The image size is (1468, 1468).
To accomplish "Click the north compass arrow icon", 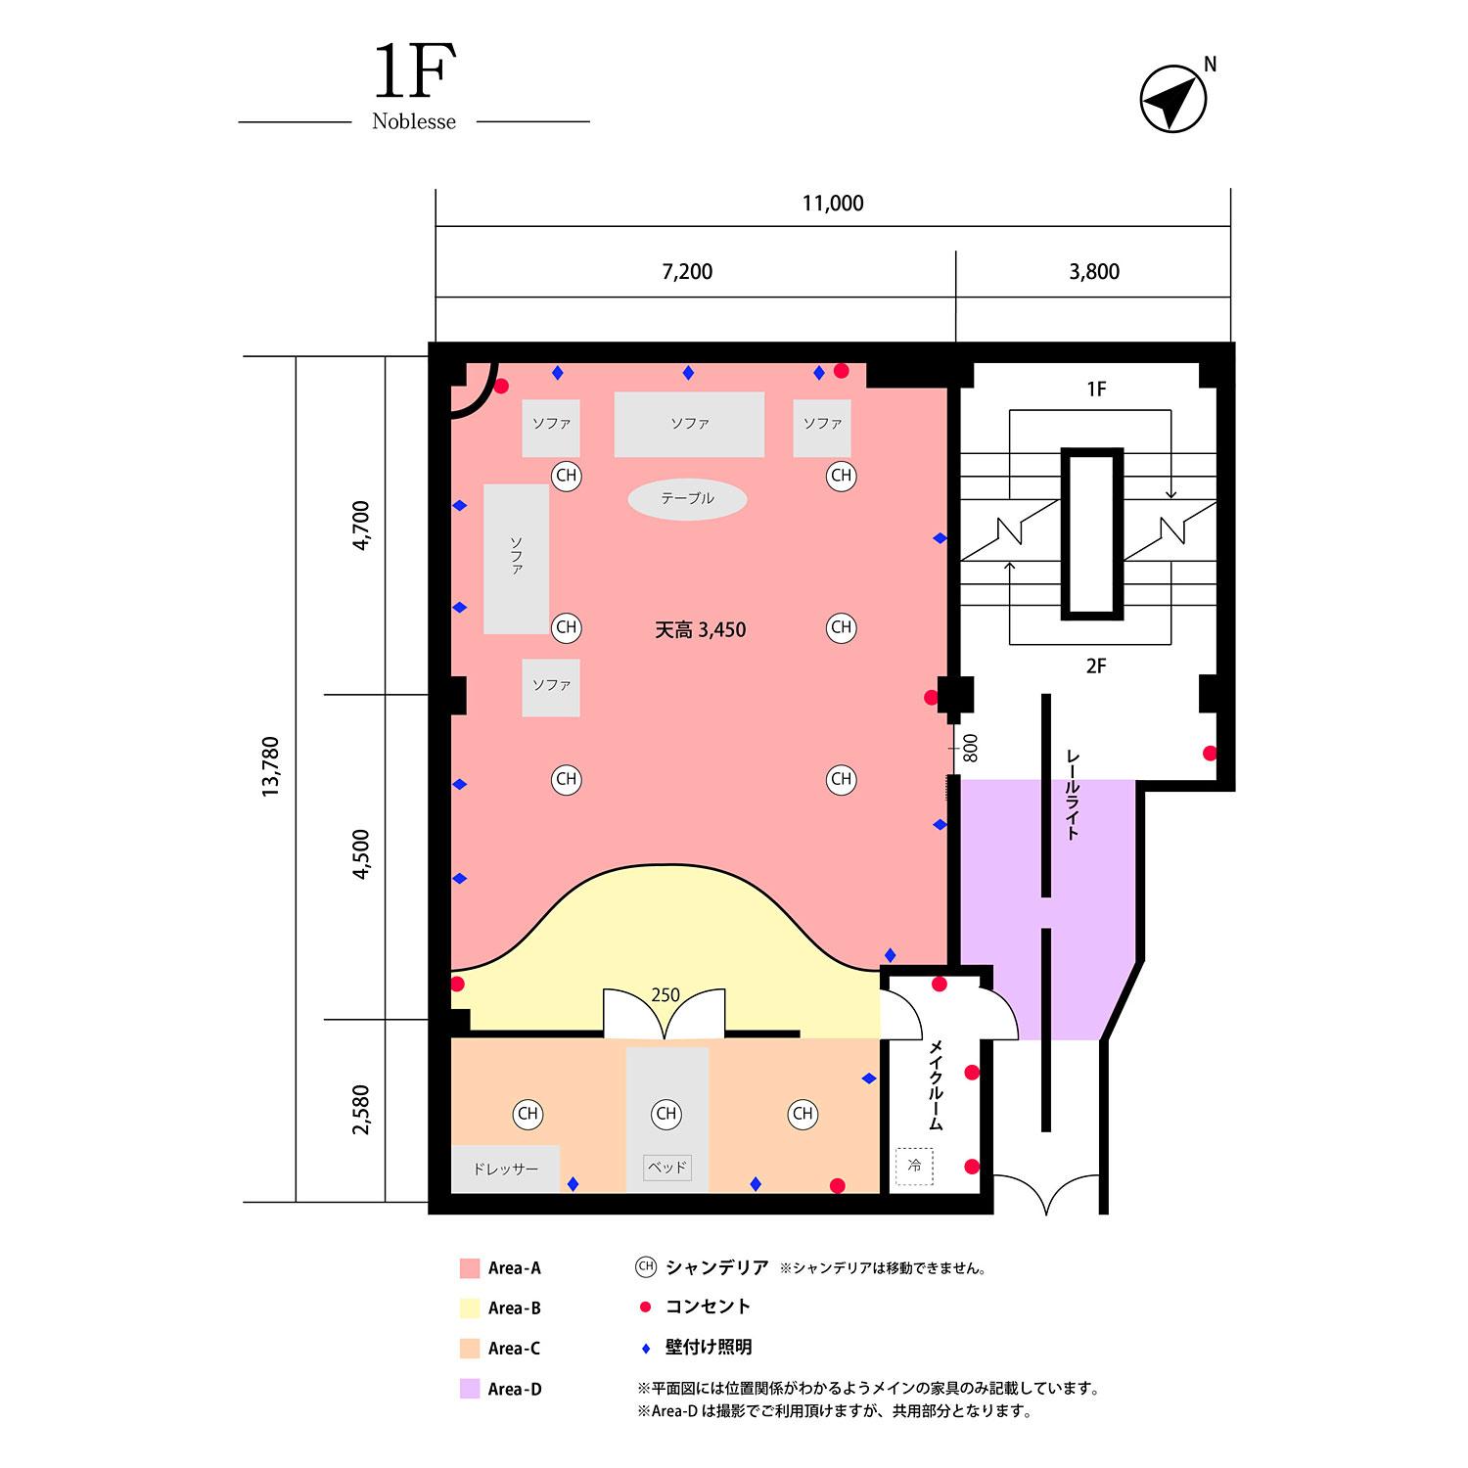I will [x=1173, y=99].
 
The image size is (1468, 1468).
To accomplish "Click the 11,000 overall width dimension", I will [x=833, y=204].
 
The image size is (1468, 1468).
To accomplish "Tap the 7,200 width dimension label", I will [x=687, y=272].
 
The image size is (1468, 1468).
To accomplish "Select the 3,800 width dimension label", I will [x=1093, y=272].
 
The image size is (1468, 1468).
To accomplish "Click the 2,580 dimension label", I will [x=361, y=1109].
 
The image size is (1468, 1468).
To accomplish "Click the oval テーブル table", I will [x=687, y=499].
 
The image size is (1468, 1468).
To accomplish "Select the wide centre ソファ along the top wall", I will [x=689, y=424].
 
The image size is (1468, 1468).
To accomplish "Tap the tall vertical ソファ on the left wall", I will [x=516, y=558].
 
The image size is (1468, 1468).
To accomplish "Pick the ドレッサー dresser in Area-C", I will [x=505, y=1169].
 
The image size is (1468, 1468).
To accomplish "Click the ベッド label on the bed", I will [x=666, y=1168].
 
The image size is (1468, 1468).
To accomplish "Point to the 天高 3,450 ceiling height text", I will [x=700, y=630].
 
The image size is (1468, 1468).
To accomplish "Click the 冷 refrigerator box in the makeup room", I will [x=914, y=1166].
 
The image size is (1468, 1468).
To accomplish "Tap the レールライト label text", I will [x=1073, y=795].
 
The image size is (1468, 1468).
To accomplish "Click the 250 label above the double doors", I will [x=665, y=995].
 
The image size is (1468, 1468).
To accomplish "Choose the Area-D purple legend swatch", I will [x=470, y=1389].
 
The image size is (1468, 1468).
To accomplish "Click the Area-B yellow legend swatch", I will [x=470, y=1308].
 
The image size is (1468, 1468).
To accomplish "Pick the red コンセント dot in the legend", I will [x=645, y=1307].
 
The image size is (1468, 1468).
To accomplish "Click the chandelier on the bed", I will [x=666, y=1114].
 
